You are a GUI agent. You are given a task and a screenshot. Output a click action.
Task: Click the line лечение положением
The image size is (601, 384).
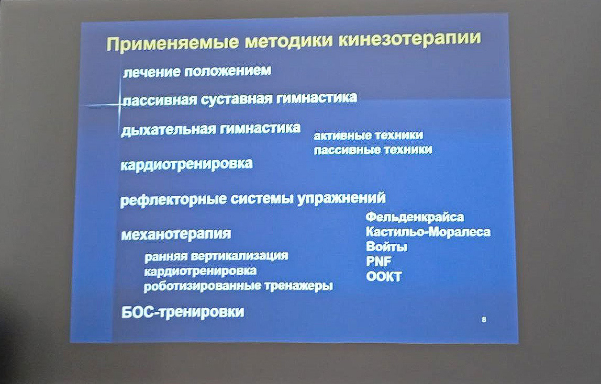197,71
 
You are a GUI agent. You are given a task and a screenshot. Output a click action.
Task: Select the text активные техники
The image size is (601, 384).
368,136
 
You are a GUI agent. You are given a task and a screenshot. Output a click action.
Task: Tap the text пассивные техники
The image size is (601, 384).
373,150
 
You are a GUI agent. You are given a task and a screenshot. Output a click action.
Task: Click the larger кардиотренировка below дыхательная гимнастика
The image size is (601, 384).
186,164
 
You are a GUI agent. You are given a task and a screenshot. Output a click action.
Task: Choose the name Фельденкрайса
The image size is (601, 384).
415,217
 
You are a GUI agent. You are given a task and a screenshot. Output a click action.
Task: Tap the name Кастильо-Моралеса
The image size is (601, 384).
428,232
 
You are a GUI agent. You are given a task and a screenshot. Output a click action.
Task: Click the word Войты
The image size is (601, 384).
386,246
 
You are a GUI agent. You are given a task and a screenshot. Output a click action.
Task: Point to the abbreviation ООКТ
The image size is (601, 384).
384,277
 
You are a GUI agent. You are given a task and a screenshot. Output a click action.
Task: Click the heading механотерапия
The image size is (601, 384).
176,234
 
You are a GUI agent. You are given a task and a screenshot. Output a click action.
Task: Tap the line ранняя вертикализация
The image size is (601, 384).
216,256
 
